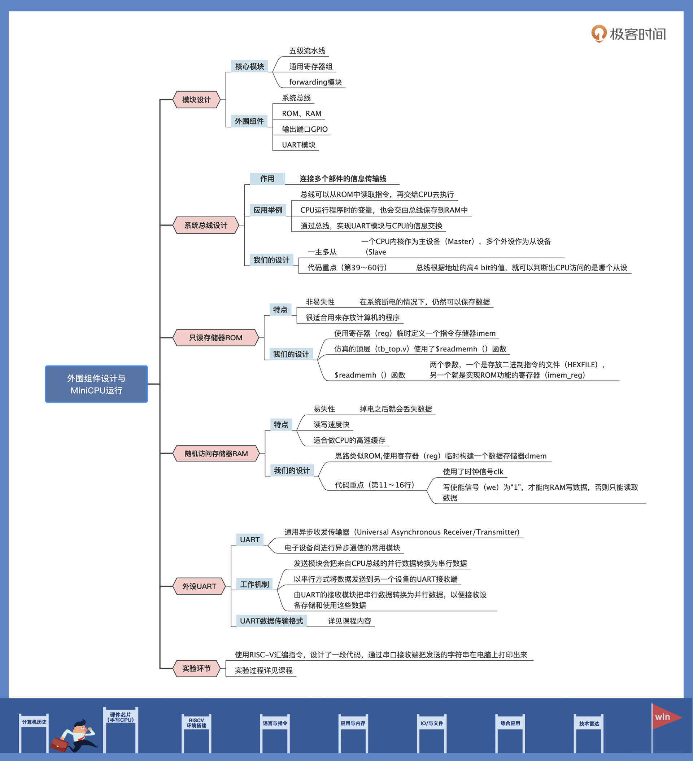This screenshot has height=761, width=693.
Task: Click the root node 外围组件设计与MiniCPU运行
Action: (x=96, y=384)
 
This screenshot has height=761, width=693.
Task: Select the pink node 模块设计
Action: (x=196, y=100)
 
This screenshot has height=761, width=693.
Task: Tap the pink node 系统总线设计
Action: (x=206, y=226)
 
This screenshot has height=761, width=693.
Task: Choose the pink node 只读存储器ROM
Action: (x=215, y=337)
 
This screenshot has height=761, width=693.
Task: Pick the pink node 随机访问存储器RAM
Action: (x=216, y=453)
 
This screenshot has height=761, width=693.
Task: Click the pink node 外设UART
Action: (x=199, y=586)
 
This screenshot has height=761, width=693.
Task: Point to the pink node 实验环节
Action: (x=196, y=669)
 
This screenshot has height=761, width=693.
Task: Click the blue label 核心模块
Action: (x=249, y=66)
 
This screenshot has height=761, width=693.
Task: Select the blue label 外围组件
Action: (x=249, y=121)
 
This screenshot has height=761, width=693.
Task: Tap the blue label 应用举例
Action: (x=268, y=210)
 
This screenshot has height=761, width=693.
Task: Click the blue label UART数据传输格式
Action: (x=271, y=621)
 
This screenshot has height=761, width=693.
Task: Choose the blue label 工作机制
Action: (x=254, y=584)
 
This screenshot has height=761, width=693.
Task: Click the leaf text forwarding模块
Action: (x=315, y=82)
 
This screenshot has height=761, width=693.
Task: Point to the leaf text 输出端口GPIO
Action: (x=305, y=129)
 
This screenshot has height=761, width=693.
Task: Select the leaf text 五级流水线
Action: (x=307, y=51)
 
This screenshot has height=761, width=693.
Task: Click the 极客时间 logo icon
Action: (x=598, y=34)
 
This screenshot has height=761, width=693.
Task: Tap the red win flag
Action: (x=666, y=717)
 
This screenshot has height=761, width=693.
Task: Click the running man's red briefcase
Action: (x=59, y=744)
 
